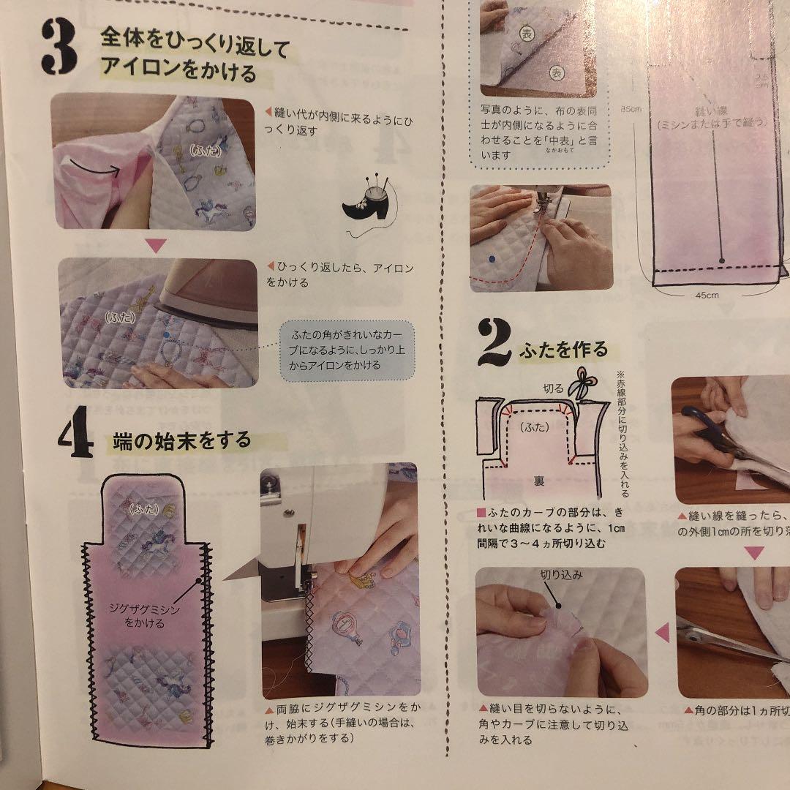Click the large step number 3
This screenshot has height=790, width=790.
tap(59, 47)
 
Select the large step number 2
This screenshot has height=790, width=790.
tap(496, 342)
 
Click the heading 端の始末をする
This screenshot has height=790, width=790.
tap(182, 441)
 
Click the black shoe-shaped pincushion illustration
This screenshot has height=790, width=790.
tap(366, 206)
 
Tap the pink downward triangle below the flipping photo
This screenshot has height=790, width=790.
tap(157, 244)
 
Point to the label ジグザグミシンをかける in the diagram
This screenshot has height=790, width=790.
tap(145, 617)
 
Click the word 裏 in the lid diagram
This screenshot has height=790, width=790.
tap(538, 480)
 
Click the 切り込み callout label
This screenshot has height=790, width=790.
tap(561, 575)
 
